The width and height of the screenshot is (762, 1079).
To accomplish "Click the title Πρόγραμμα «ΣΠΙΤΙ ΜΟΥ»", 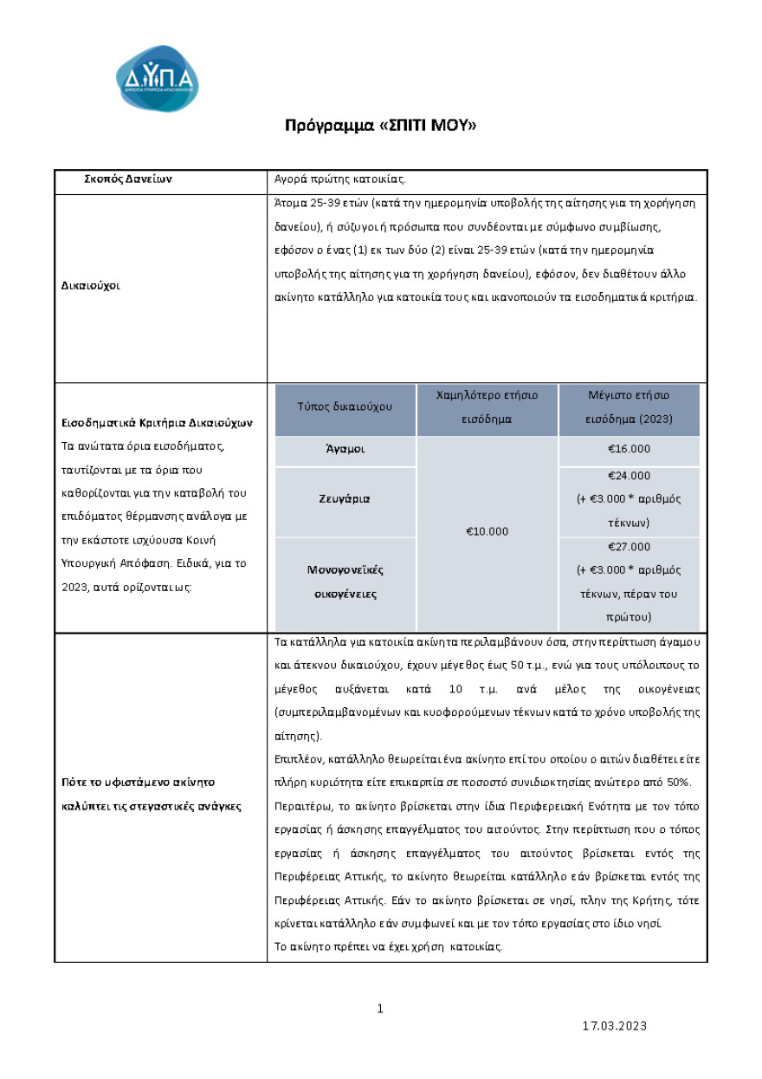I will pyautogui.click(x=381, y=126).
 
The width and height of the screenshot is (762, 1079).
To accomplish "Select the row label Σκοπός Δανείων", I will pyautogui.click(x=128, y=179).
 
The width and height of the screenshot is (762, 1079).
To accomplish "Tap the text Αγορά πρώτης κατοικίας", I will pyautogui.click(x=339, y=179).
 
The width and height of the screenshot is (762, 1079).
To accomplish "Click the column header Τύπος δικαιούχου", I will pyautogui.click(x=345, y=406).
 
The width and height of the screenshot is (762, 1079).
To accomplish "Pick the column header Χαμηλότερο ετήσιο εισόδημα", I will pyautogui.click(x=488, y=406).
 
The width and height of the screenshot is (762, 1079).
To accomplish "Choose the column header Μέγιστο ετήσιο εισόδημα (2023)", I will pyautogui.click(x=629, y=406).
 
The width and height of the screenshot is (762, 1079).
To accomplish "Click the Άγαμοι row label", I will pyautogui.click(x=345, y=450).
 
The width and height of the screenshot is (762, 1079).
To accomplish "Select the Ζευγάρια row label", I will pyautogui.click(x=345, y=499).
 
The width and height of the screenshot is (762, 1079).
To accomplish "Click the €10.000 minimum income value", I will pyautogui.click(x=488, y=531).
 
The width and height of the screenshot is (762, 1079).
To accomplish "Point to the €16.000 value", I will pyautogui.click(x=629, y=449).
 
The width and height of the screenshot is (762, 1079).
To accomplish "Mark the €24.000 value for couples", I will pyautogui.click(x=629, y=476).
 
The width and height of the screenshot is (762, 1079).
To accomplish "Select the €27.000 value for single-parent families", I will pyautogui.click(x=629, y=547).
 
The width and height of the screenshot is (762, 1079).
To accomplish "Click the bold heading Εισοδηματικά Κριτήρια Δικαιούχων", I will pyautogui.click(x=157, y=424).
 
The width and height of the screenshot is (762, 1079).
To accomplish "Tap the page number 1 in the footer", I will pyautogui.click(x=380, y=1008).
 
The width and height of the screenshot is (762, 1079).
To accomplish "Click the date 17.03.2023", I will pyautogui.click(x=614, y=1026).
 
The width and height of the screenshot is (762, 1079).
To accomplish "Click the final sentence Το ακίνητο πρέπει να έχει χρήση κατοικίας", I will pyautogui.click(x=388, y=946).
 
